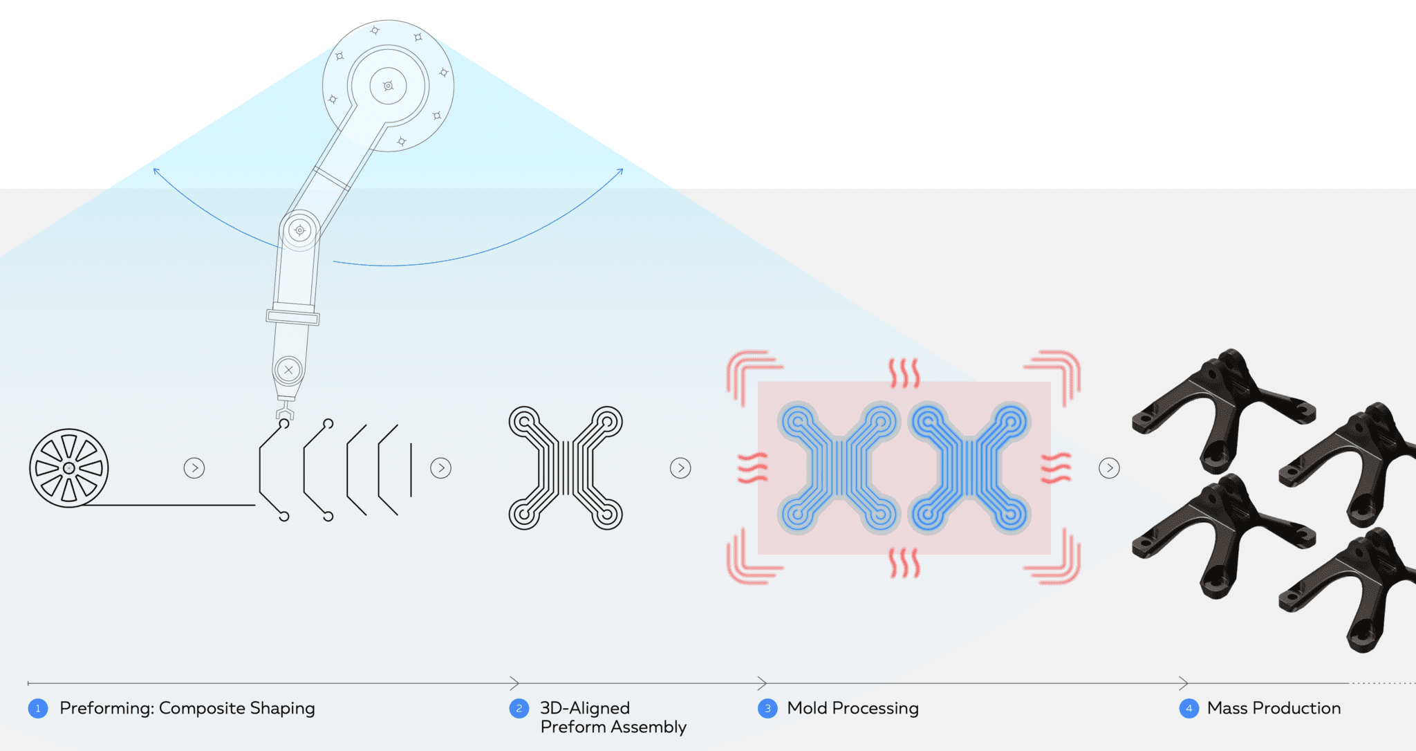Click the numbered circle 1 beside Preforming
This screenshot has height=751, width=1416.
[38, 708]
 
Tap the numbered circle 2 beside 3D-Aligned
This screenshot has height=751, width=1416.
[519, 708]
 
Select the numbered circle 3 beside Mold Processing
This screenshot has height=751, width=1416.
[767, 708]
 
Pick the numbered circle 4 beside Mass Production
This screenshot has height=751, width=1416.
[1189, 708]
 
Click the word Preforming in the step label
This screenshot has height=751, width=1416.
[106, 708]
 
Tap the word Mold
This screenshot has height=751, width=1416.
[808, 708]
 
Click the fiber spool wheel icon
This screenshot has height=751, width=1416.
[69, 468]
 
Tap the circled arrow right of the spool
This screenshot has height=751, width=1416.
[194, 468]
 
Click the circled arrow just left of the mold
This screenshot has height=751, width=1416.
[680, 468]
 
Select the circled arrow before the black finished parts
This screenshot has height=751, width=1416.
[1109, 468]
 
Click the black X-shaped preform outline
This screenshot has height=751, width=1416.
[566, 468]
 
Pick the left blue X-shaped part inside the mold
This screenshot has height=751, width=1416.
[838, 468]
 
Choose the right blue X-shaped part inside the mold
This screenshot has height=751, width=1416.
[970, 468]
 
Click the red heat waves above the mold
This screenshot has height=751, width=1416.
[904, 373]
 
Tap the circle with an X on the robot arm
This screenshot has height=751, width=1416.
[288, 370]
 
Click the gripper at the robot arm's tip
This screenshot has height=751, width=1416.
[284, 414]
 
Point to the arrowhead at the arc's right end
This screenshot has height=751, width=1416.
[620, 171]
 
